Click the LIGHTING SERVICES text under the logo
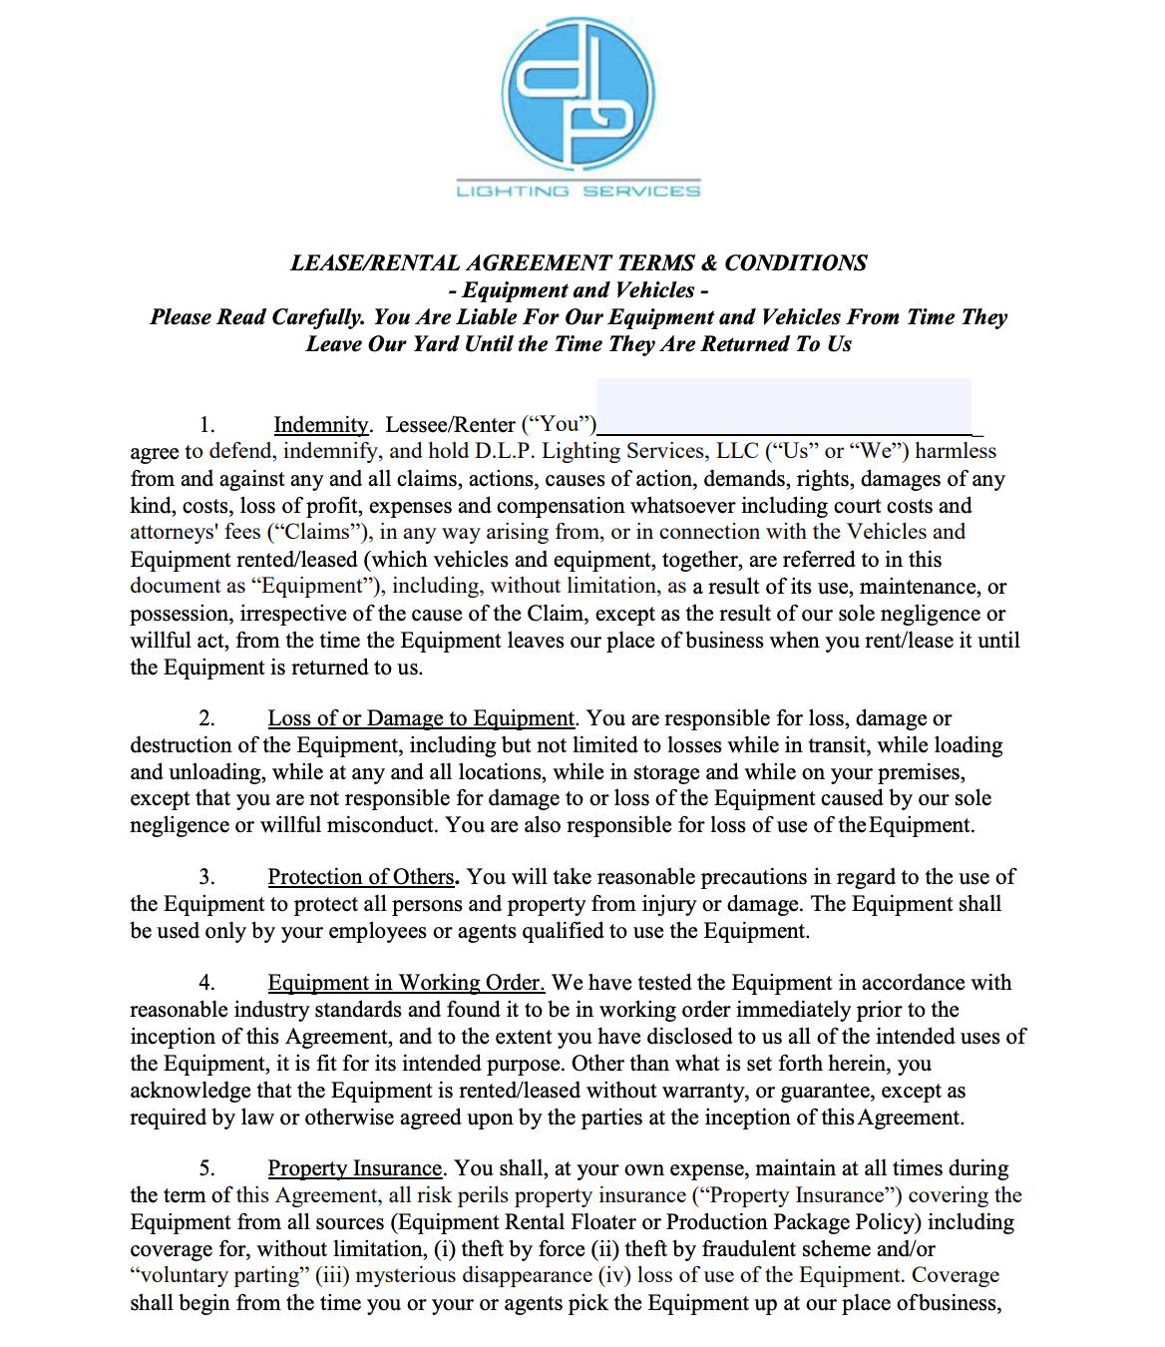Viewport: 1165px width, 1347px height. click(x=579, y=191)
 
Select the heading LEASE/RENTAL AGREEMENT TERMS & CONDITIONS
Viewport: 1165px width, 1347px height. click(x=579, y=263)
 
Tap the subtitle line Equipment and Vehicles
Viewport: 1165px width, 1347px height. click(x=579, y=290)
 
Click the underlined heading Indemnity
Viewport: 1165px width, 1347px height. click(x=321, y=425)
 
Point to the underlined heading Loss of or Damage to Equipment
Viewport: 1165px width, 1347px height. click(x=421, y=718)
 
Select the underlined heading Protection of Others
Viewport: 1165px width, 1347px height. click(x=361, y=877)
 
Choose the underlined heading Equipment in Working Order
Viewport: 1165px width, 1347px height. click(x=406, y=983)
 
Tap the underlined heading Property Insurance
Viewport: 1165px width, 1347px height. click(x=354, y=1168)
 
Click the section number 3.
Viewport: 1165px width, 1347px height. click(x=206, y=877)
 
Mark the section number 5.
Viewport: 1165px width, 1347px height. click(x=206, y=1168)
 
